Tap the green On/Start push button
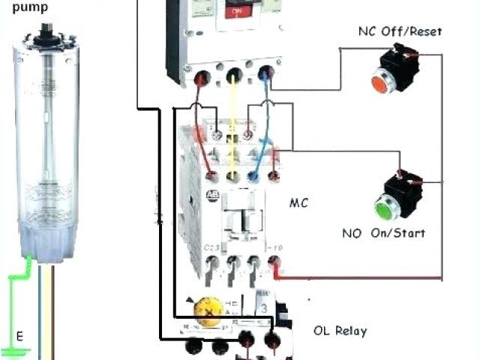385,204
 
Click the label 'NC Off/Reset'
400,31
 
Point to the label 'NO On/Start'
385,233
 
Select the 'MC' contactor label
298,203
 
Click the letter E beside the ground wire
20,336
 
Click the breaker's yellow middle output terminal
233,75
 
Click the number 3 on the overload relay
264,307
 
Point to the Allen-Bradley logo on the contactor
211,196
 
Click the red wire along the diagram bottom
360,277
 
